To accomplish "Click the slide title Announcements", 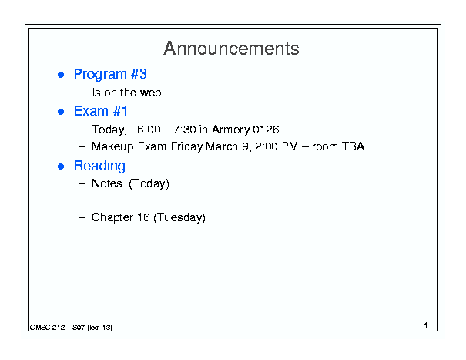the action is pyautogui.click(x=231, y=49).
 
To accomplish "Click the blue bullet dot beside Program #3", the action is pyautogui.click(x=61, y=75).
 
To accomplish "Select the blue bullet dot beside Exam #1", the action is pyautogui.click(x=61, y=112).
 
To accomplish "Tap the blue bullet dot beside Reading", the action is pyautogui.click(x=61, y=167).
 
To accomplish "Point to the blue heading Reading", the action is pyautogui.click(x=99, y=167).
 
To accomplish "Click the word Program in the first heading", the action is pyautogui.click(x=100, y=75).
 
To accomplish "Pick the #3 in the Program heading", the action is pyautogui.click(x=139, y=74).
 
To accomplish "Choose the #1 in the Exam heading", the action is pyautogui.click(x=120, y=111).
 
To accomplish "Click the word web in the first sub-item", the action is pyautogui.click(x=151, y=93).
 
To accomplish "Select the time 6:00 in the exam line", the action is pyautogui.click(x=149, y=130).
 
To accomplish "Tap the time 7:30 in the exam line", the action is pyautogui.click(x=185, y=130).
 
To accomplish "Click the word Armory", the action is pyautogui.click(x=230, y=130).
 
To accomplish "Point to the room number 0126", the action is pyautogui.click(x=266, y=130).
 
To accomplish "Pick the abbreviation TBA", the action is pyautogui.click(x=353, y=146).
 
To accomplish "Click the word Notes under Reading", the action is pyautogui.click(x=107, y=183).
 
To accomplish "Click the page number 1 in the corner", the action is pyautogui.click(x=426, y=325).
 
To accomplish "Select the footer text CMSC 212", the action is pyautogui.click(x=47, y=328).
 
